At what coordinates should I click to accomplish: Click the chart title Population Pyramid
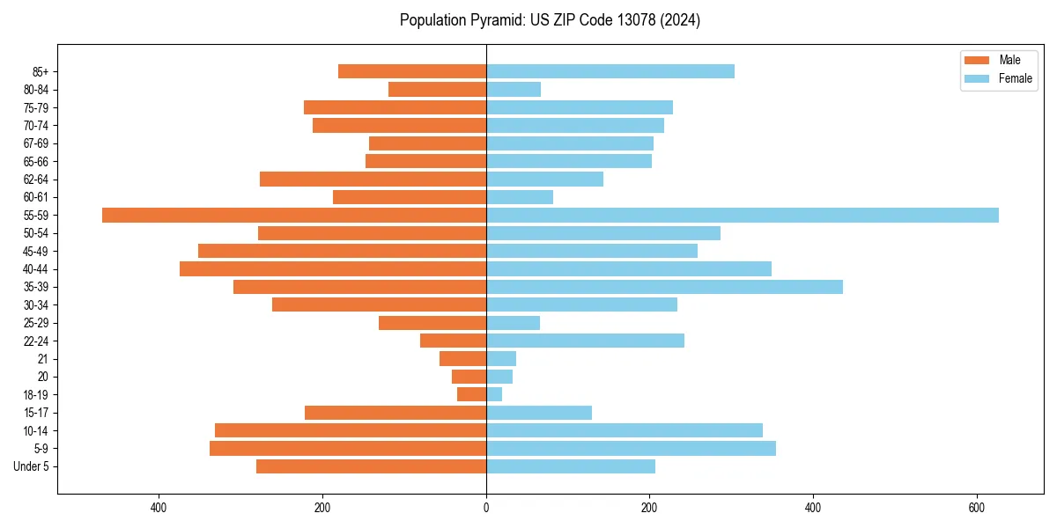tap(550, 20)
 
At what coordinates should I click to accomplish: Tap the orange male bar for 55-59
tap(294, 215)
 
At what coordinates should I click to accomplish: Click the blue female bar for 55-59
tap(743, 215)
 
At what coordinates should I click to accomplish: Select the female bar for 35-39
tap(664, 287)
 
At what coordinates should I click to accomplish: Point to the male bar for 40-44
tap(333, 268)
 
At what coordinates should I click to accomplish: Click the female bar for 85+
tap(610, 71)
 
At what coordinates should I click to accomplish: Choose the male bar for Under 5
tap(371, 466)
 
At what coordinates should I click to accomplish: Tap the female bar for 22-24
tap(585, 341)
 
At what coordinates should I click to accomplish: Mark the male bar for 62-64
tap(373, 179)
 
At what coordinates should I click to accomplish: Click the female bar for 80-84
tap(514, 89)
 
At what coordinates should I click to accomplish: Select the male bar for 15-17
tap(395, 413)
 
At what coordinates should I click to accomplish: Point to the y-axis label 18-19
tap(36, 395)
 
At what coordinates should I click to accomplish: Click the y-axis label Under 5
tap(31, 466)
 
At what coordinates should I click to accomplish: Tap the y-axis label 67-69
tap(36, 143)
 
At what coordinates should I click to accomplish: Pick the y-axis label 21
tap(43, 359)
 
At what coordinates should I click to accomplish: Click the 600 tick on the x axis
tap(976, 508)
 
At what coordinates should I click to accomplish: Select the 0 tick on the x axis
tap(486, 508)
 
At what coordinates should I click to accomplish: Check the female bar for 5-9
tap(631, 449)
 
